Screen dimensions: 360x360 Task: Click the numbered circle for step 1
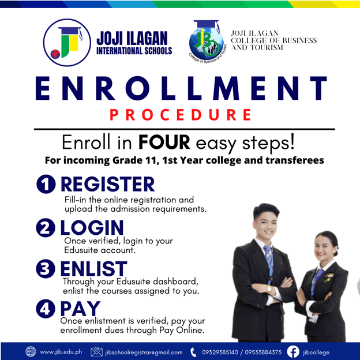pos(46,184)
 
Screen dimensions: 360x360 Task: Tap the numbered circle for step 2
pos(46,227)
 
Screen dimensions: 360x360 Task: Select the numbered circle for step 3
pos(46,269)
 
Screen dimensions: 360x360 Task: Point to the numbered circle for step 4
pos(46,309)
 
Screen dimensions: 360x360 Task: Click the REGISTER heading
pos(108,184)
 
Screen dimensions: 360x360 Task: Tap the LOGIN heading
pos(92,227)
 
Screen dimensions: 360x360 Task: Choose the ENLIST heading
pos(93,268)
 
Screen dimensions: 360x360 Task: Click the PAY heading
pos(80,309)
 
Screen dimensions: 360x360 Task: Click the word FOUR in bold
pos(164,142)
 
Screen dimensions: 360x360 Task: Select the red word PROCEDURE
pos(181,115)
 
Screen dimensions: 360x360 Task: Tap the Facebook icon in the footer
pos(293,352)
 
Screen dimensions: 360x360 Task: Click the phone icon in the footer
pos(193,352)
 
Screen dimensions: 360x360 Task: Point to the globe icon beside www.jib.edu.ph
pos(31,351)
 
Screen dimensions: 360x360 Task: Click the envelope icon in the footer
pos(97,352)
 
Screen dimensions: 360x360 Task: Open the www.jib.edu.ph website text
pos(61,352)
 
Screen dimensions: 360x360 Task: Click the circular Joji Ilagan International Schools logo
pos(67,43)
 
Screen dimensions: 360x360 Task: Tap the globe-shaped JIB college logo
pos(207,42)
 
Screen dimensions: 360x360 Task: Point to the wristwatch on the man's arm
pos(269,289)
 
